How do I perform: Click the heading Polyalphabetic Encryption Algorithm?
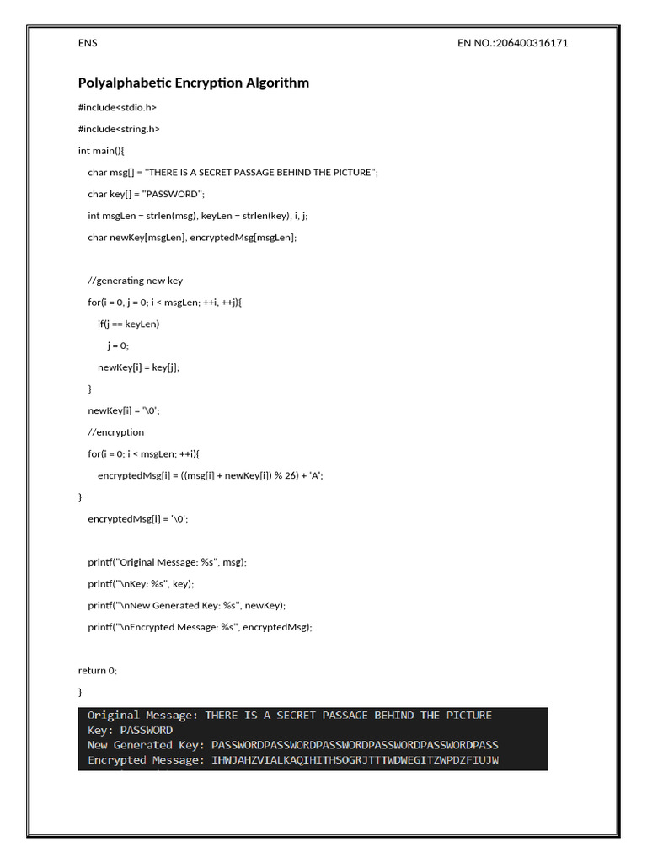pos(193,83)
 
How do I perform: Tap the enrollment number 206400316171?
pos(532,43)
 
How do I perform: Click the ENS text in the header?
pos(88,43)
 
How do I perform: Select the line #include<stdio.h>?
pos(117,107)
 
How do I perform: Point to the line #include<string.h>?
pos(119,129)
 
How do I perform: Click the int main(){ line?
pos(101,150)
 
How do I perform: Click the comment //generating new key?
pos(135,281)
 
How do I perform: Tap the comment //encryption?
pos(115,432)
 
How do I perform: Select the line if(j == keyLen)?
pos(128,324)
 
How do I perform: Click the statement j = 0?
pos(118,346)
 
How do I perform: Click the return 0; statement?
pos(98,670)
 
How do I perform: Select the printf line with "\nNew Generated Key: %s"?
pos(186,605)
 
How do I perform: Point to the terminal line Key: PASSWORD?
pos(130,730)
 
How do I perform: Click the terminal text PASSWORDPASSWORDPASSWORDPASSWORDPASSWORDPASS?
pos(355,745)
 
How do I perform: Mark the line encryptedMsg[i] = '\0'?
pos(137,519)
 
